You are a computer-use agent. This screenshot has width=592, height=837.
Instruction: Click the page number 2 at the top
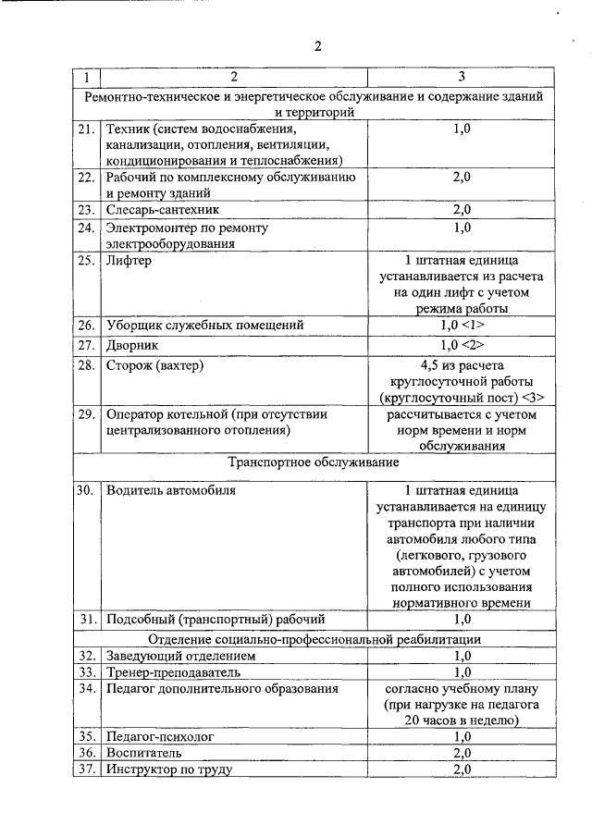tap(316, 48)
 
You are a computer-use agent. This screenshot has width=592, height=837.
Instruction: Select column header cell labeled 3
tap(462, 76)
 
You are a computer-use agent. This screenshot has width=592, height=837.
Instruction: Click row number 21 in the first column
tap(85, 129)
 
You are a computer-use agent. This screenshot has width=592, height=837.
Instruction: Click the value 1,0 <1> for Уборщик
tap(462, 326)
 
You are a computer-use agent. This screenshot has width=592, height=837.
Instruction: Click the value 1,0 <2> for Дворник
tap(462, 346)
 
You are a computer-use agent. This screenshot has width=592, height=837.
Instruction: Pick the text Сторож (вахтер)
tap(154, 366)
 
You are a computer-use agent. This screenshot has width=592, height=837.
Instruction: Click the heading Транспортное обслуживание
tap(314, 462)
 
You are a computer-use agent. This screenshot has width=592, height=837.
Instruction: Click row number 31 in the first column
tap(85, 619)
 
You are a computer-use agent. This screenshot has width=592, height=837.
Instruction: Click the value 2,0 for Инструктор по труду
tap(462, 769)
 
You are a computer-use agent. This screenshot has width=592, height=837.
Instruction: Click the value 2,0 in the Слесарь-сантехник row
tap(462, 210)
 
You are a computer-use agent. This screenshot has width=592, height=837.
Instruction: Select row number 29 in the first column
tap(85, 415)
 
